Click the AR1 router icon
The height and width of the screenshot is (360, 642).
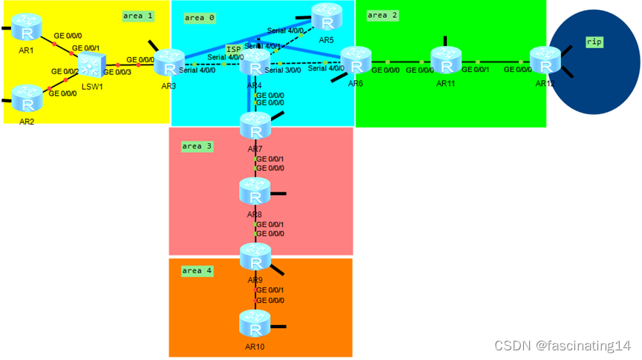(x=27, y=29)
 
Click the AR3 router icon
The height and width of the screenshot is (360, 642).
(x=168, y=63)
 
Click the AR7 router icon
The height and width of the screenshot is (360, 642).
(x=255, y=127)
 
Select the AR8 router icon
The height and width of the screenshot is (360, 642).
(x=255, y=192)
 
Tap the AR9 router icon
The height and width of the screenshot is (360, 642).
(x=255, y=257)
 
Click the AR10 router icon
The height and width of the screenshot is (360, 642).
(x=255, y=324)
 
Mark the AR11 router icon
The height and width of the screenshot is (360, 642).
(x=446, y=61)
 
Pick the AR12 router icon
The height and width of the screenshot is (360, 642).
(x=546, y=61)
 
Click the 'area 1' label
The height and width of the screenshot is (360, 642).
(x=138, y=15)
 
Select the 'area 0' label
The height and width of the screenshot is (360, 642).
(x=199, y=16)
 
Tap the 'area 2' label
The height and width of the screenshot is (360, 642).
(x=383, y=15)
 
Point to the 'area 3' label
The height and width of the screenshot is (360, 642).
(x=197, y=146)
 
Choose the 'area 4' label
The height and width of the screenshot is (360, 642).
(x=197, y=271)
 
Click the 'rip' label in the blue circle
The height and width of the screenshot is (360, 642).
(x=594, y=42)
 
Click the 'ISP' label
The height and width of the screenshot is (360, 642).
(x=234, y=49)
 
